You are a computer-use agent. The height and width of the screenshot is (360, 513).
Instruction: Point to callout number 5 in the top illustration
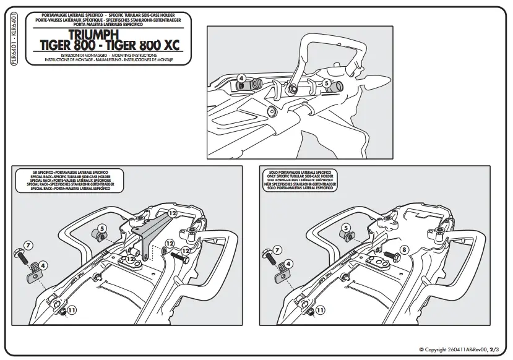326,82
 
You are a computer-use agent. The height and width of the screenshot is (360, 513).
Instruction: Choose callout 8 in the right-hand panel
405,250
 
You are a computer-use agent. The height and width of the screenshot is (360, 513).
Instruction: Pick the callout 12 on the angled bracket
173,213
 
